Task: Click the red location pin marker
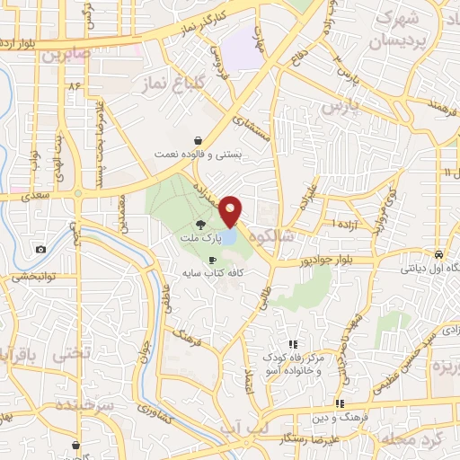[x=231, y=211]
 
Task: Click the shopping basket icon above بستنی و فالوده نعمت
[x=197, y=140]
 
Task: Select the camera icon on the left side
[x=40, y=249]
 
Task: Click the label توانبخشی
[x=32, y=279]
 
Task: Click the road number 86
[x=74, y=85]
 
